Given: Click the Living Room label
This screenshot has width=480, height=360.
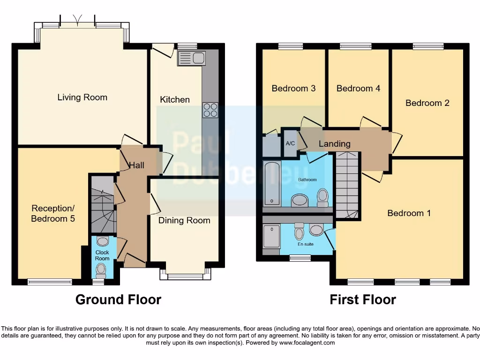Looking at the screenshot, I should pyautogui.click(x=82, y=97).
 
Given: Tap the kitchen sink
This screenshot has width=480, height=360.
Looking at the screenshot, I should pyautogui.click(x=191, y=59).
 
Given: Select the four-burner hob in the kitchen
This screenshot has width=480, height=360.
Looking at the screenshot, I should pyautogui.click(x=210, y=110).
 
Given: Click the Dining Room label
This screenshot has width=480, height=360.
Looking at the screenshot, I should pyautogui.click(x=184, y=220).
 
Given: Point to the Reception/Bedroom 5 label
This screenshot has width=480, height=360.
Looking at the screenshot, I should pyautogui.click(x=53, y=213).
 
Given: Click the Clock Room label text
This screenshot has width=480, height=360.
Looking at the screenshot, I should pyautogui.click(x=102, y=255).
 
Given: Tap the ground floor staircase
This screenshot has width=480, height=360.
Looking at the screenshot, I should pyautogui.click(x=103, y=204).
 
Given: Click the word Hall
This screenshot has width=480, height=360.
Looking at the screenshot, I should pyautogui.click(x=137, y=165).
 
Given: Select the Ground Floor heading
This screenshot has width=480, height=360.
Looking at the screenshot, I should pyautogui.click(x=118, y=300).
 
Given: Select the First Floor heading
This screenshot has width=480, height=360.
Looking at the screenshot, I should pyautogui.click(x=363, y=300).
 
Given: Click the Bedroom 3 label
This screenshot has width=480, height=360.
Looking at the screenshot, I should pyautogui.click(x=293, y=88).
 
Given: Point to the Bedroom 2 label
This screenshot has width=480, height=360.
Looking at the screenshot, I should pyautogui.click(x=427, y=103).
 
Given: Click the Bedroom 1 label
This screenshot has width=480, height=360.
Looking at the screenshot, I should pyautogui.click(x=409, y=213).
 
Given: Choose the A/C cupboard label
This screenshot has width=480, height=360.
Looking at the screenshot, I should pyautogui.click(x=290, y=143).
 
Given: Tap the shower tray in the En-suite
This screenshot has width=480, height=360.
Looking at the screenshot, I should pyautogui.click(x=271, y=236).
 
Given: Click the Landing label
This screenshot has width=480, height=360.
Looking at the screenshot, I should pyautogui.click(x=335, y=144).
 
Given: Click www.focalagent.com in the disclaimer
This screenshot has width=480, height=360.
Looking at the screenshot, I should pyautogui.click(x=307, y=343).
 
